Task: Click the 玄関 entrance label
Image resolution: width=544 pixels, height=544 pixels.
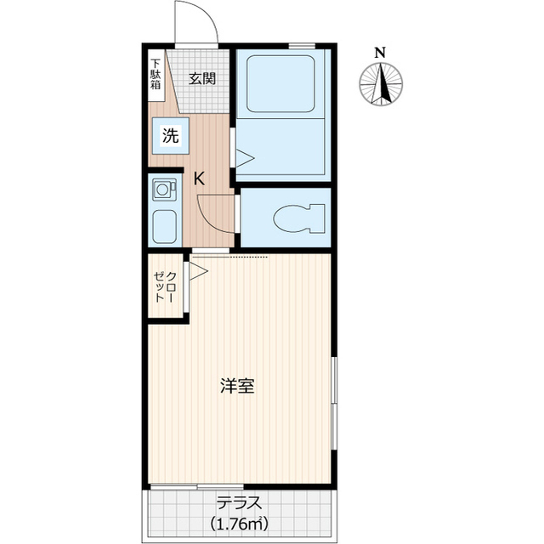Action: [201, 79]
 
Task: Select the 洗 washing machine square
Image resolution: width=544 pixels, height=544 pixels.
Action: [170, 135]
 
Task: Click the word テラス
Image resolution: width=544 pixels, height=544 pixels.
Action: [237, 502]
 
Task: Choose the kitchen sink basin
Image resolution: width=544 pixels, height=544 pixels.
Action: [163, 225]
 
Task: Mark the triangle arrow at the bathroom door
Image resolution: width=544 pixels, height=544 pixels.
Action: [244, 157]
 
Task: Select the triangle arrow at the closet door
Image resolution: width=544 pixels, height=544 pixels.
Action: [198, 272]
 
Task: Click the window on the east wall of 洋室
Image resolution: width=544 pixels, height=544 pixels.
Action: [333, 399]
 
